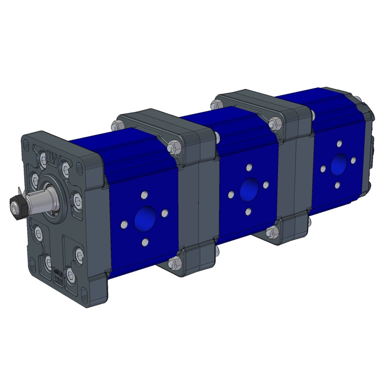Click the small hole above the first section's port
pos(145,194)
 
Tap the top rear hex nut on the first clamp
pos(115,127)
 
